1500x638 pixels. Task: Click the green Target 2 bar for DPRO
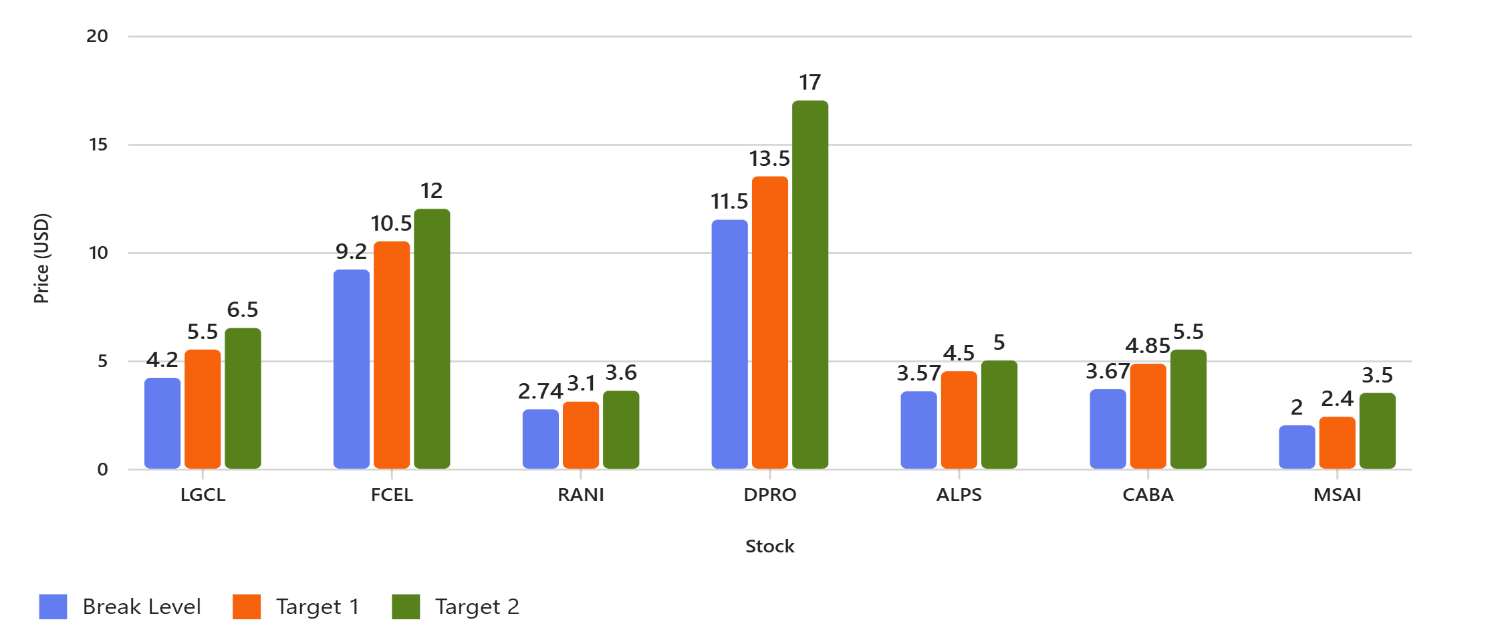click(x=809, y=284)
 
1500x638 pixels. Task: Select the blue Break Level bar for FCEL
click(x=351, y=368)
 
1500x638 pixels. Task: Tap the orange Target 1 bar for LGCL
click(x=203, y=409)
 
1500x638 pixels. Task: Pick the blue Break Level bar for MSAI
click(x=1296, y=447)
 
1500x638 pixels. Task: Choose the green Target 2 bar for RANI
click(x=620, y=429)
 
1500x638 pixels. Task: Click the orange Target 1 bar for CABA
click(x=1148, y=416)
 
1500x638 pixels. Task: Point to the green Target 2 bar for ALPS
click(x=999, y=414)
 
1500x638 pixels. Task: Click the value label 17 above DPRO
click(x=809, y=82)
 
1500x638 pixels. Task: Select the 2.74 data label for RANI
click(x=540, y=391)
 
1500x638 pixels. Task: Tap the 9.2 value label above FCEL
click(x=351, y=251)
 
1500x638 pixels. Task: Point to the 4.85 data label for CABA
click(x=1147, y=346)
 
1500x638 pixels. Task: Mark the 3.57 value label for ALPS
click(x=918, y=373)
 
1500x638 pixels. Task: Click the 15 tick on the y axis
click(x=98, y=144)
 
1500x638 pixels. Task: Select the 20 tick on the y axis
click(x=97, y=36)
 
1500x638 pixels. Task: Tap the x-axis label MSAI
click(x=1337, y=495)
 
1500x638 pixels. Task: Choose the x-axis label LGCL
click(x=203, y=495)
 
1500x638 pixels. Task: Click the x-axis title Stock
click(x=769, y=546)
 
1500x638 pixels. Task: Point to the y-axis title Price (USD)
click(x=41, y=258)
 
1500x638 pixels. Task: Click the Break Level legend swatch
click(x=53, y=607)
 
